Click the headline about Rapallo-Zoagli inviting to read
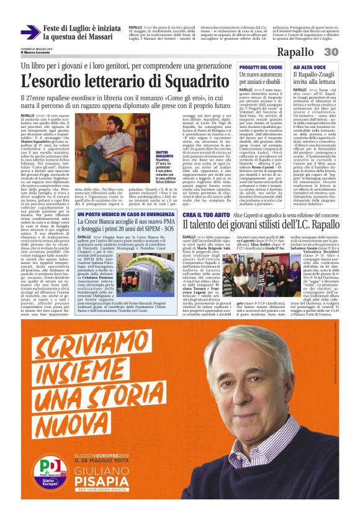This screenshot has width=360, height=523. (x=315, y=79)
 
